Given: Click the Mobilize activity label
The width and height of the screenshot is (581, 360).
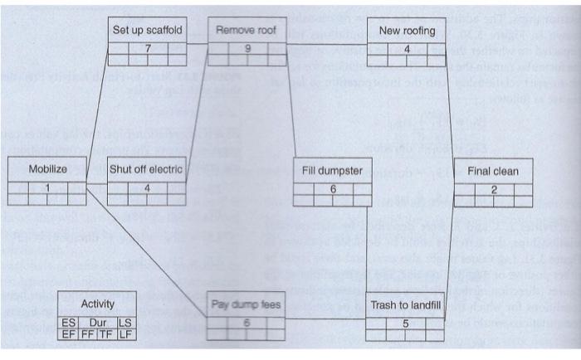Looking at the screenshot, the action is point(47,169).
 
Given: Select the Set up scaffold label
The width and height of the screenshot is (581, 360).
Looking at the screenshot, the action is point(147,31).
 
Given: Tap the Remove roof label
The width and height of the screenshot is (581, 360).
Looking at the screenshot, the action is point(246,31).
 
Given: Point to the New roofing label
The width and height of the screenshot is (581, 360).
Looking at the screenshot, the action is point(407,31).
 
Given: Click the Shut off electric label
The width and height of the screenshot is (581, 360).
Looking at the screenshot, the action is point(147,169).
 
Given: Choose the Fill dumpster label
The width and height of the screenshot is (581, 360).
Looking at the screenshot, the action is point(333,171).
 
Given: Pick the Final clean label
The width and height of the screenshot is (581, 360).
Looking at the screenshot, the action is point(493,172).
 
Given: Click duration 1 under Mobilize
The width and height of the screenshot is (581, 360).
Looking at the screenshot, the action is point(47,187).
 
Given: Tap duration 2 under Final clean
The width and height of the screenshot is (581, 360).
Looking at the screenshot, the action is point(494,190).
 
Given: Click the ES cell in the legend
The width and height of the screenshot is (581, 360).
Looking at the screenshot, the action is point(67,322).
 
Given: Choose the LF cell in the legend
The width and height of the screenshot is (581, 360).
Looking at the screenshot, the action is point(126,333).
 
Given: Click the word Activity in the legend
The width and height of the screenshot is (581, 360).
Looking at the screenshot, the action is point(97,304).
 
